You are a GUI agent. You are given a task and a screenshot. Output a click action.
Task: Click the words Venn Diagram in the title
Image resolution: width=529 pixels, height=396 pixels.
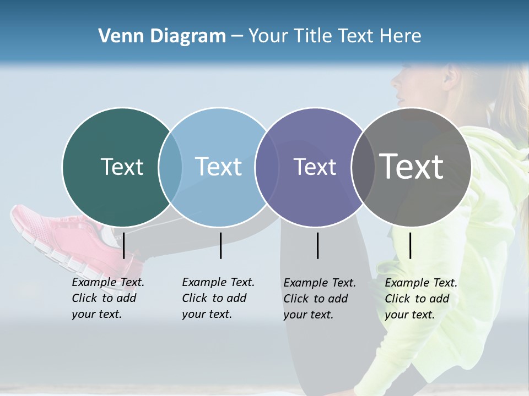[162, 36]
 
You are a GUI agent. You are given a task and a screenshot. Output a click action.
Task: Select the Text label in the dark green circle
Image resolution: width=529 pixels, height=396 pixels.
[122, 167]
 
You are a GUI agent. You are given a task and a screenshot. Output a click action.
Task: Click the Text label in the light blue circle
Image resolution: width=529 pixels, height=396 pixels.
[218, 167]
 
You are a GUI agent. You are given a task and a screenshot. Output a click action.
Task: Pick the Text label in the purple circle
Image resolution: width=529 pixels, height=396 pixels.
[315, 167]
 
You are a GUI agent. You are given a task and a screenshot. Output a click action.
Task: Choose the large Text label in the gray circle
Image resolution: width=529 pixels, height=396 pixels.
[412, 167]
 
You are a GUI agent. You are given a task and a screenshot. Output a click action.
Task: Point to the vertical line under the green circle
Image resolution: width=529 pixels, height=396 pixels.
[124, 245]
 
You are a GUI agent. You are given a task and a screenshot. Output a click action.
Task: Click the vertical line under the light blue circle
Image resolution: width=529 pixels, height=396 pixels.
[220, 245]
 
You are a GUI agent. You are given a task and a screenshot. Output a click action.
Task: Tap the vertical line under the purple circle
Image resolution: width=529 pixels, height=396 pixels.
[317, 245]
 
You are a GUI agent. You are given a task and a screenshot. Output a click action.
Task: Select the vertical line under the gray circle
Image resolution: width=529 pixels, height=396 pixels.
[410, 245]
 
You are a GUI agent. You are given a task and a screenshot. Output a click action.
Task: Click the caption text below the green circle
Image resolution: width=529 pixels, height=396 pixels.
[107, 298]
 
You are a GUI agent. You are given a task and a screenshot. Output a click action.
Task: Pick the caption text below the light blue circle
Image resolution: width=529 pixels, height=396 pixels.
[218, 298]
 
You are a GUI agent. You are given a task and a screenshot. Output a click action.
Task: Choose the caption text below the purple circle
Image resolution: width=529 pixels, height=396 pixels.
[319, 299]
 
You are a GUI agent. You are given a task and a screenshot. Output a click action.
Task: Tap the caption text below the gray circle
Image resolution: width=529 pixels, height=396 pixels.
[420, 299]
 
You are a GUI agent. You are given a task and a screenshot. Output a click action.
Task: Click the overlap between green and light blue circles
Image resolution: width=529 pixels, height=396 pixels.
[170, 167]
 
